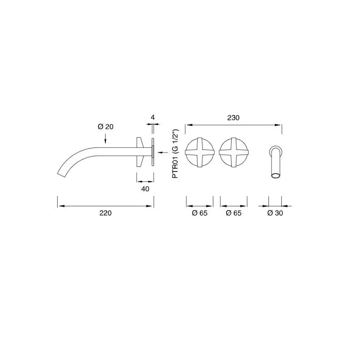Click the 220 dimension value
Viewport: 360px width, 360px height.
tap(105, 213)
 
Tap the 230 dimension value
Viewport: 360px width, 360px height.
tap(233, 118)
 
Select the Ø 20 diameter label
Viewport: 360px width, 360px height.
tap(105, 127)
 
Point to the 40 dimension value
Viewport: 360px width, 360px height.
tap(145, 189)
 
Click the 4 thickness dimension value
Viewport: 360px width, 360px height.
tap(152, 117)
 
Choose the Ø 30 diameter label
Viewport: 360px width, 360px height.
tap(275, 213)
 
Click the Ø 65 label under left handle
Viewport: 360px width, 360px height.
tap(199, 213)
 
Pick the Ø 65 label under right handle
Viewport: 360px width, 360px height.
tap(233, 213)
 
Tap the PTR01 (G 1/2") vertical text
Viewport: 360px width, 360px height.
tap(175, 154)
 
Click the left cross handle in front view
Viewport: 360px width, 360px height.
tap(199, 152)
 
